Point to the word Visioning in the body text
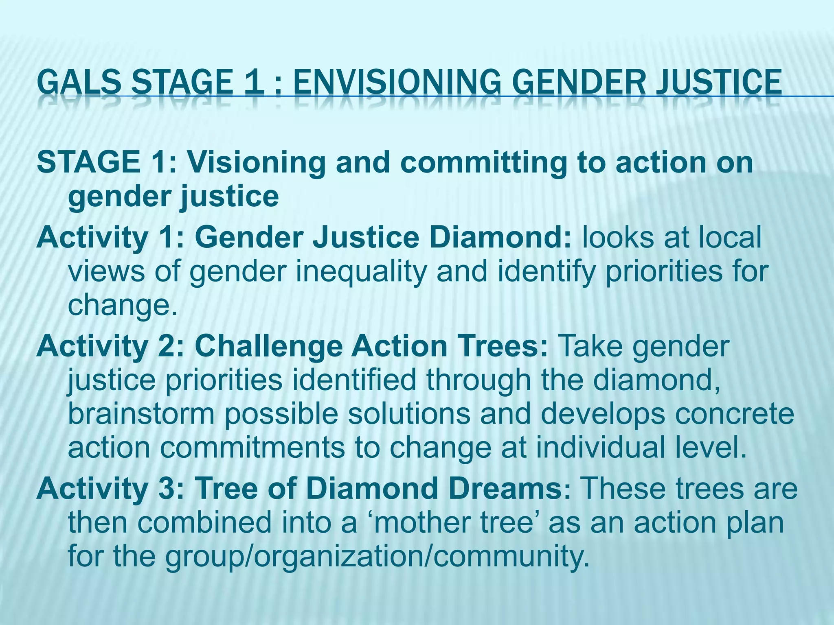coord(256,162)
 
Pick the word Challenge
coord(268,347)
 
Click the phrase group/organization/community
coord(377,557)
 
